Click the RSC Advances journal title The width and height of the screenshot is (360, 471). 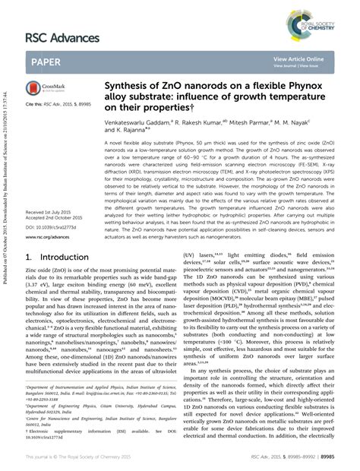[x=62, y=37]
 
